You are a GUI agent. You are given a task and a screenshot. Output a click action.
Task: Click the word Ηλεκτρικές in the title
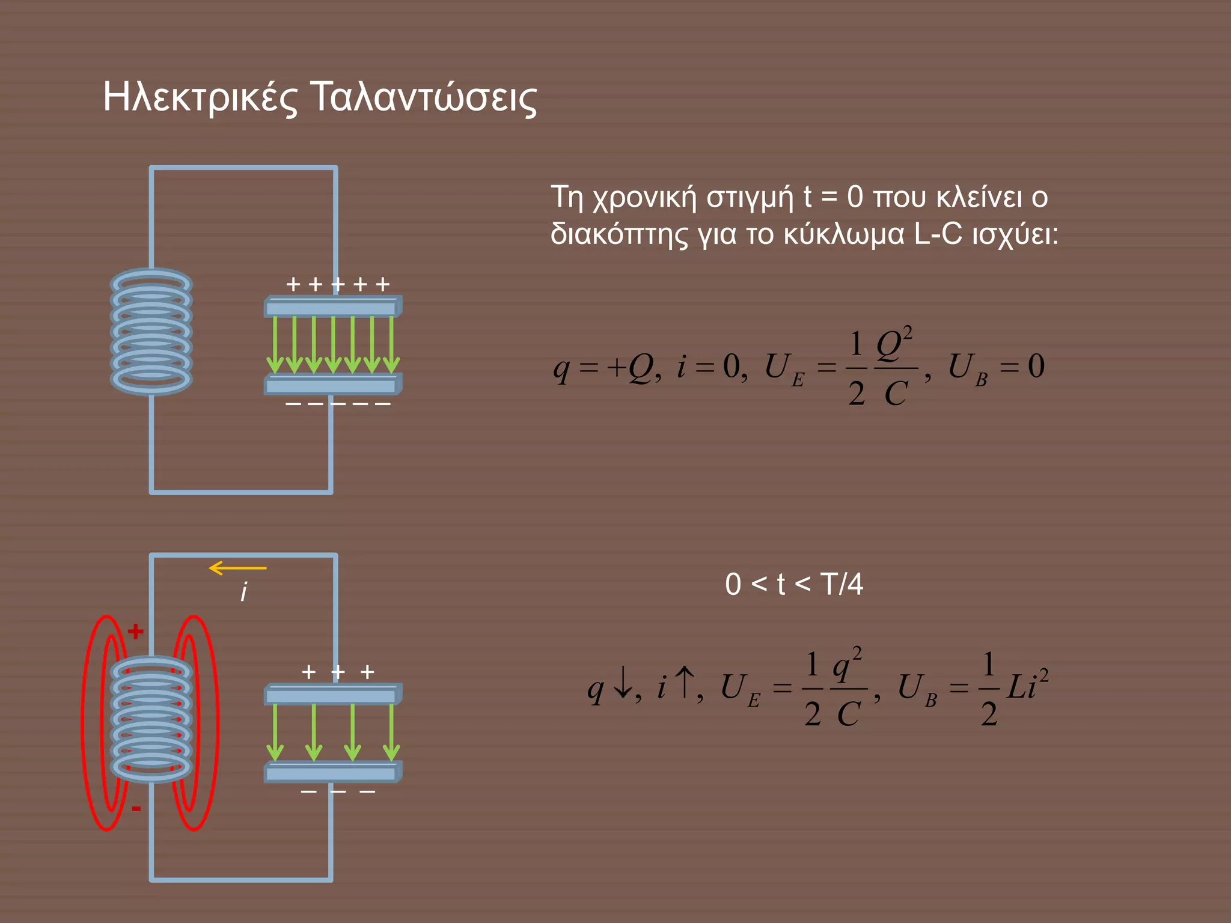pyautogui.click(x=200, y=97)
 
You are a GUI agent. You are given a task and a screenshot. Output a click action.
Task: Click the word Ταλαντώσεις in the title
pyautogui.click(x=424, y=97)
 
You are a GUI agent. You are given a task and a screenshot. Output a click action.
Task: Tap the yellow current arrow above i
pyautogui.click(x=237, y=568)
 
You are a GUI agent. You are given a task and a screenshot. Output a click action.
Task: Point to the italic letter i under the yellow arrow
pyautogui.click(x=243, y=592)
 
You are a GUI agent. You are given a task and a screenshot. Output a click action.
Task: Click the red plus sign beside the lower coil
pyautogui.click(x=136, y=631)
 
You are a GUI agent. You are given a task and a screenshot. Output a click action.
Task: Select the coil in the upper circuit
pyautogui.click(x=151, y=332)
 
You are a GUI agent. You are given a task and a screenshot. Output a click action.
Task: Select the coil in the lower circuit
pyautogui.click(x=151, y=719)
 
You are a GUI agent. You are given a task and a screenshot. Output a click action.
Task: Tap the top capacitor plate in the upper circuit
pyautogui.click(x=332, y=307)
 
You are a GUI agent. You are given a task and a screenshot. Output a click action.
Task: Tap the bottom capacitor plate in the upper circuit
pyautogui.click(x=332, y=384)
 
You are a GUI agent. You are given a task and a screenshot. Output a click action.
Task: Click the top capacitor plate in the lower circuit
pyautogui.click(x=332, y=695)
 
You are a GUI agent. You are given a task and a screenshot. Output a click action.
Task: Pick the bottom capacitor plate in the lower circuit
pyautogui.click(x=332, y=772)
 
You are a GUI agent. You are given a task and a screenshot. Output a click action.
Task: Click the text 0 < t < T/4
pyautogui.click(x=794, y=584)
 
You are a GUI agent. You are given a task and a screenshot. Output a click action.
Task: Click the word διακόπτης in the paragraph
pyautogui.click(x=619, y=234)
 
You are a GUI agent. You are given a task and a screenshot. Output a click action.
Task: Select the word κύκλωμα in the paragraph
pyautogui.click(x=844, y=234)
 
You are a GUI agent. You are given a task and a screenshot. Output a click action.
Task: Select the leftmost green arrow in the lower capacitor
pyautogui.click(x=275, y=733)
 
